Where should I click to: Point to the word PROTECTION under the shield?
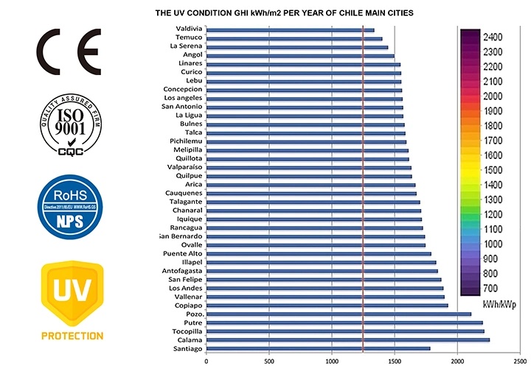72,336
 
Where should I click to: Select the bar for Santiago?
317,349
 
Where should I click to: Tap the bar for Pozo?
338,314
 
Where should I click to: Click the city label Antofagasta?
181,270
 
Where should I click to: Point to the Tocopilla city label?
185,331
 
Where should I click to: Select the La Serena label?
186,46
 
